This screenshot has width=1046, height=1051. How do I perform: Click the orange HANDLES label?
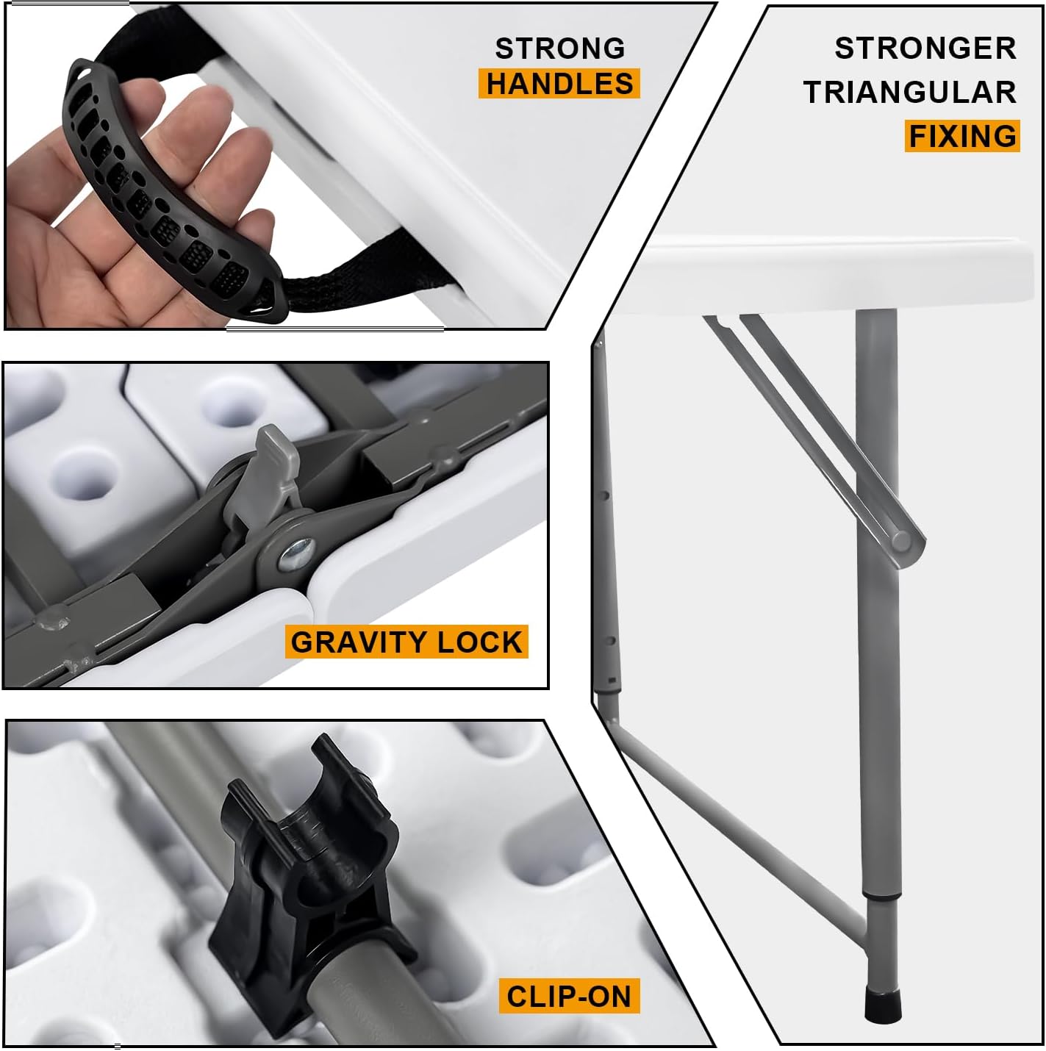559,84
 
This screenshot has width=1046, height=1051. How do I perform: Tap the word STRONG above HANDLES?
559,49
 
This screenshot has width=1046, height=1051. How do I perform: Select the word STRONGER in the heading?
925,49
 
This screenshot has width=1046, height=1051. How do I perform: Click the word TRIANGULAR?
909,93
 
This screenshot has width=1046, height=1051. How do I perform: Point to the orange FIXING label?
961,137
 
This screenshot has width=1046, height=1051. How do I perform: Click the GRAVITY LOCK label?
406,642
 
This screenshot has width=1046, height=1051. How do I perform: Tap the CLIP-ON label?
569,997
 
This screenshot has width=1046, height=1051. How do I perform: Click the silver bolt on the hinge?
297,553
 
